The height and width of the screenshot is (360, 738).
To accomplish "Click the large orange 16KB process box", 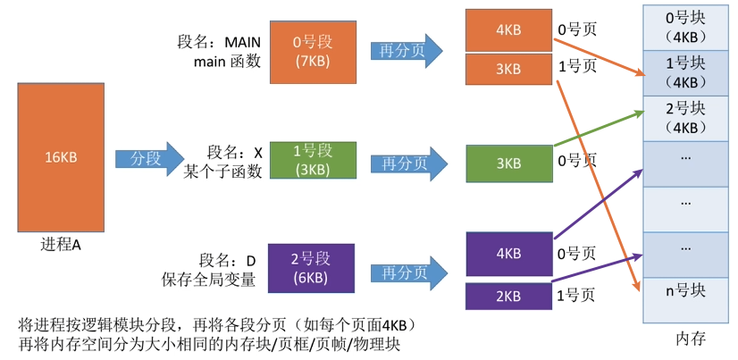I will coord(62,157).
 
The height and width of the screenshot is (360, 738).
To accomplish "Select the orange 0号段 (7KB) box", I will coord(312,52).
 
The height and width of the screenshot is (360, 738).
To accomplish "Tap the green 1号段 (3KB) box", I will coord(312,160).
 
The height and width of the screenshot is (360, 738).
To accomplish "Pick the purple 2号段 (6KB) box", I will coord(312,268).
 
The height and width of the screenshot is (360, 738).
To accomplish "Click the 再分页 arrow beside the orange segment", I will coord(407,51).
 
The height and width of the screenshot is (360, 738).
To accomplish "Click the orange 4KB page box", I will coord(508,29).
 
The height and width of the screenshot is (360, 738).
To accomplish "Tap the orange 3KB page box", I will coord(508,69).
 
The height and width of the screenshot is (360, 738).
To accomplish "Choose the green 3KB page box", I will coord(508,163).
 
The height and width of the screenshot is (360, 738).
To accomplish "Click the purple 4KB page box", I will coord(508,253).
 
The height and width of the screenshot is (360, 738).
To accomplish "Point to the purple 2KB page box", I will coord(508,296).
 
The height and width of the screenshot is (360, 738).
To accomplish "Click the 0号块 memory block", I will coord(686,26).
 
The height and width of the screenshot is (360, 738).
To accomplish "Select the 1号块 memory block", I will coord(686,72).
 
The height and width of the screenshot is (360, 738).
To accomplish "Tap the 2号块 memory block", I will coord(686,117).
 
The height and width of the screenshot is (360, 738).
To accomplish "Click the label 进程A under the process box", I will coord(62,244).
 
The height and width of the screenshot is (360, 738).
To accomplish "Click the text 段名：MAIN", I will coord(218,42).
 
